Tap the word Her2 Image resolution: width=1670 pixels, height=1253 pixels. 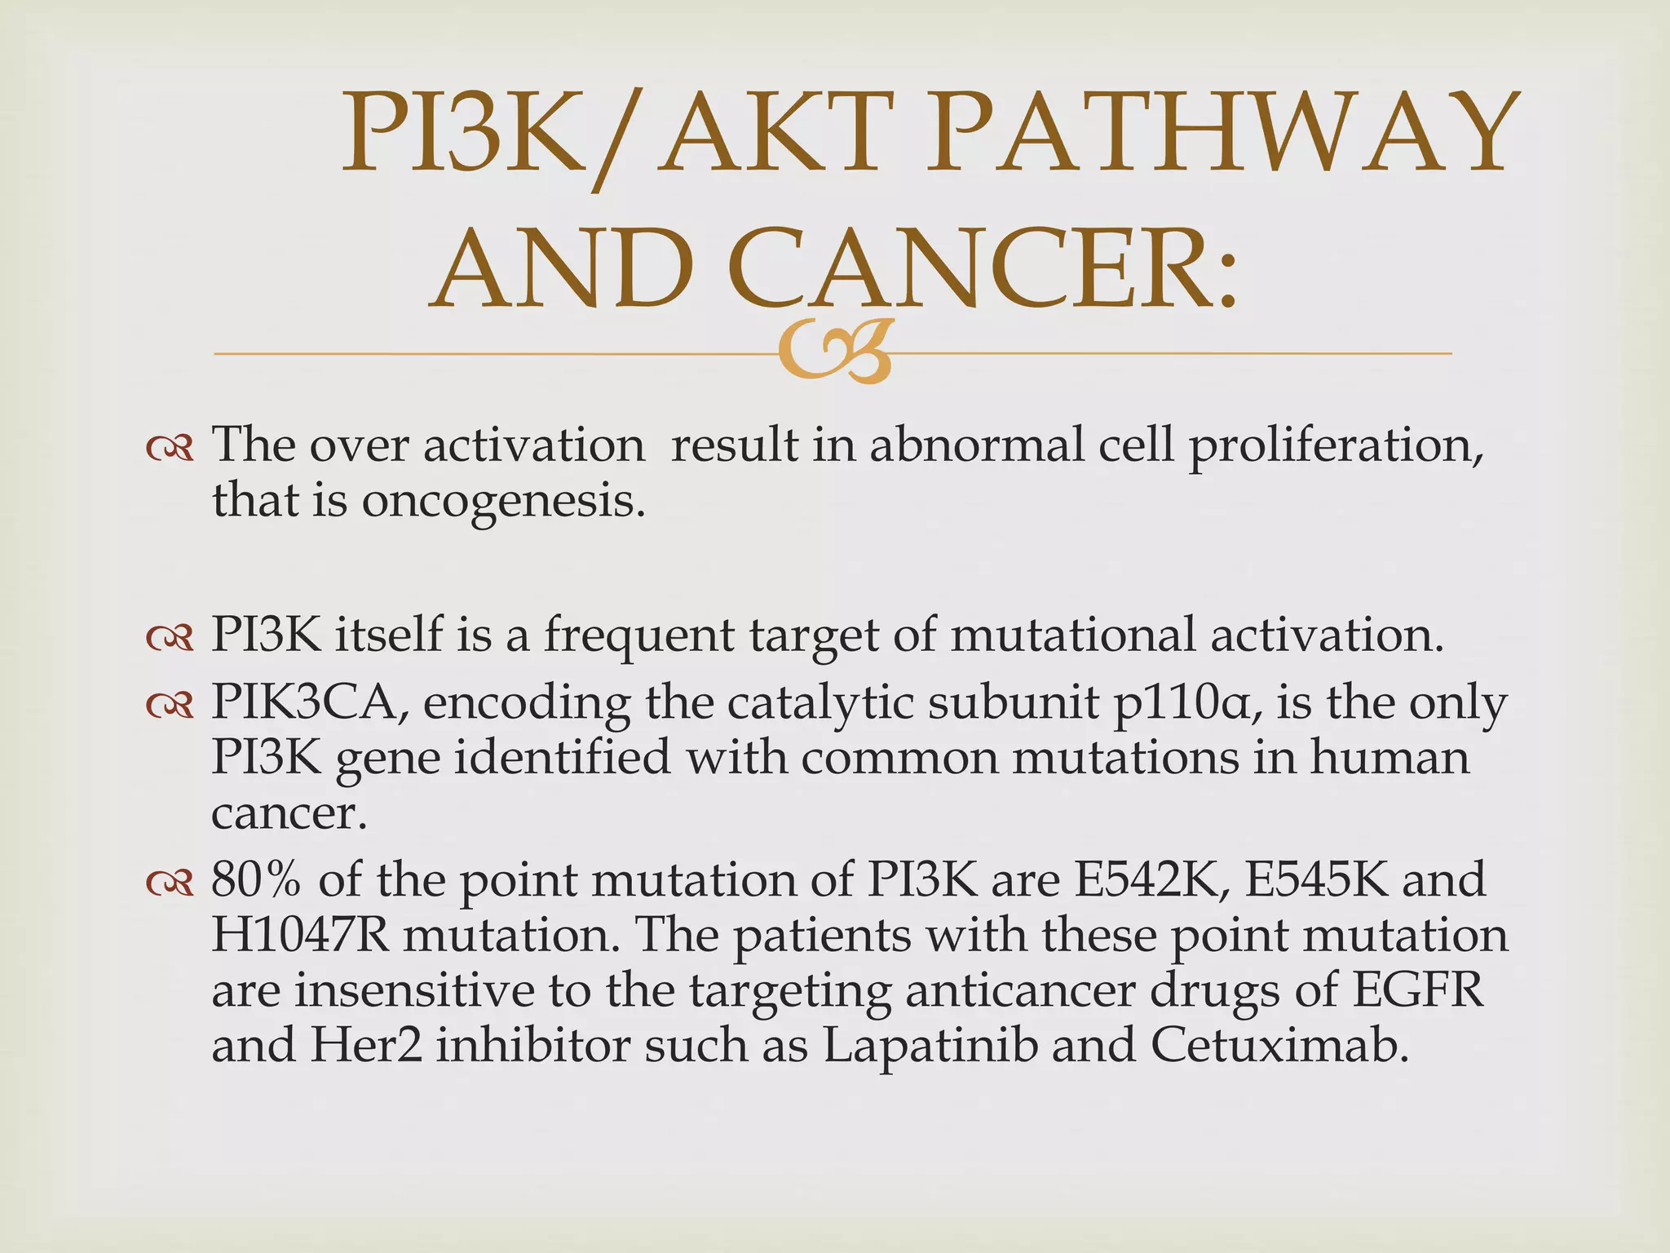click(x=366, y=1045)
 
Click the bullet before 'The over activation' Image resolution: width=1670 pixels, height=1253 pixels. click(x=170, y=449)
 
